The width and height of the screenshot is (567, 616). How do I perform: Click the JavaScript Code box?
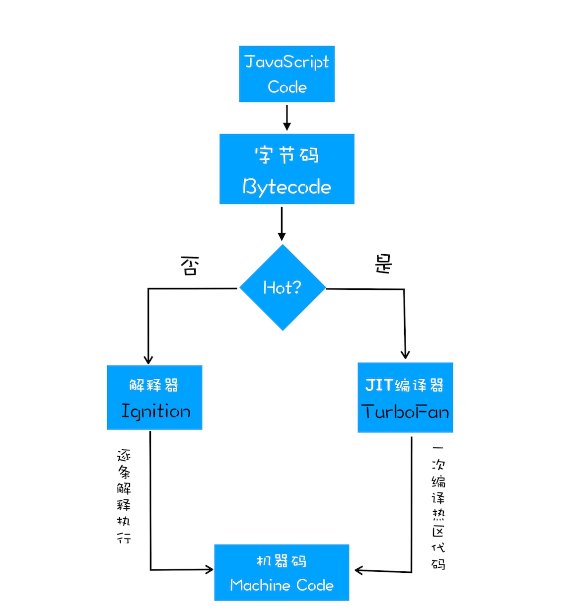(x=286, y=74)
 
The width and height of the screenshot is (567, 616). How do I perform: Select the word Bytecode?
(x=286, y=187)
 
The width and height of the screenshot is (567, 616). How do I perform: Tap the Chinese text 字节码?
(x=286, y=155)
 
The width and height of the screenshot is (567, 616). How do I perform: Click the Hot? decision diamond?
(x=283, y=287)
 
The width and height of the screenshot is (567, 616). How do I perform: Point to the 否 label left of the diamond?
(x=190, y=266)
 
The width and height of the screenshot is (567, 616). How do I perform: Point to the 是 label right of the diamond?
(x=383, y=264)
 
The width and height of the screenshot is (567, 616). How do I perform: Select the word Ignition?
(x=155, y=411)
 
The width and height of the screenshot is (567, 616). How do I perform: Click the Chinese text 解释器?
(x=154, y=385)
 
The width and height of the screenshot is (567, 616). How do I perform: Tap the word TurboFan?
(x=405, y=412)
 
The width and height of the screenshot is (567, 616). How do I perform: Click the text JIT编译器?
(x=405, y=385)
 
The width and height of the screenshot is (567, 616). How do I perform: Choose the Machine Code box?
(x=282, y=572)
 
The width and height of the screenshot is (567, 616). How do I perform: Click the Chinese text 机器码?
(x=282, y=561)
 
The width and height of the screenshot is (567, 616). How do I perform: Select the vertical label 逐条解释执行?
(x=124, y=496)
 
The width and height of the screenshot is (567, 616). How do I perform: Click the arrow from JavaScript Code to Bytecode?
(x=286, y=118)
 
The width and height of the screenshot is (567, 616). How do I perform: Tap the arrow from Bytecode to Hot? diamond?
(x=282, y=224)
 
